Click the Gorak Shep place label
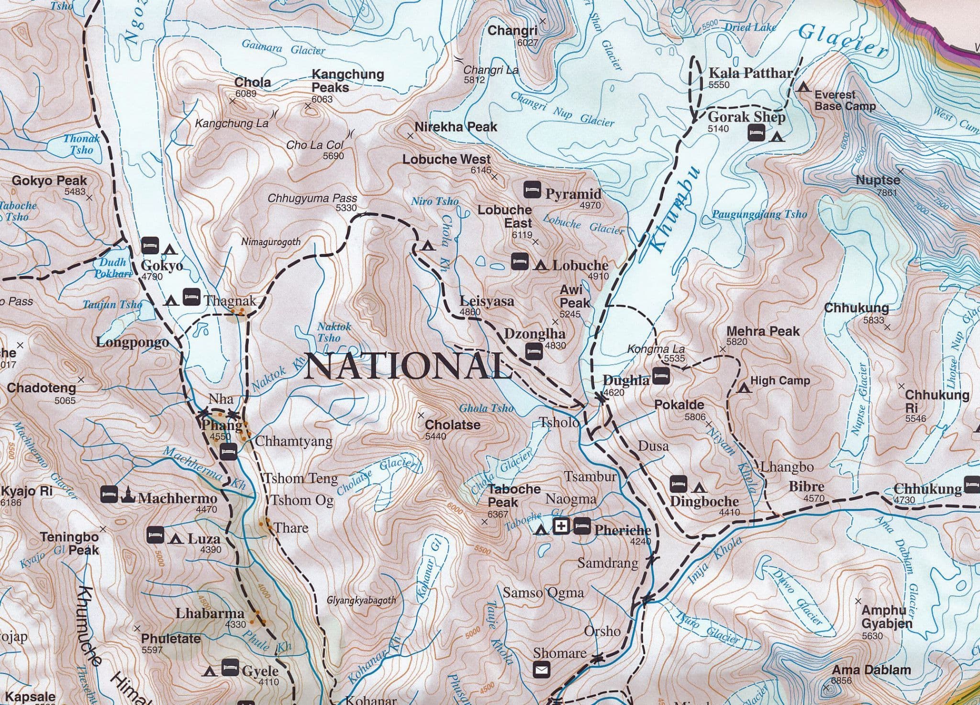click(746, 117)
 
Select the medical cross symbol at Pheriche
click(561, 526)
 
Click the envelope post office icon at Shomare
click(541, 669)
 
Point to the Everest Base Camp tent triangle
click(803, 87)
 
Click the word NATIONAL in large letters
click(408, 367)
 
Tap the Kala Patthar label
click(750, 73)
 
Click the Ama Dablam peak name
click(871, 670)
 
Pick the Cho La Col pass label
click(315, 145)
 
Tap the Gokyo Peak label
click(50, 181)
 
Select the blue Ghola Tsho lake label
click(486, 408)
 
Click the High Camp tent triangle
click(744, 387)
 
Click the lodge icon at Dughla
click(661, 376)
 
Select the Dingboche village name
click(704, 502)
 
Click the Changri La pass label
click(490, 70)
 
